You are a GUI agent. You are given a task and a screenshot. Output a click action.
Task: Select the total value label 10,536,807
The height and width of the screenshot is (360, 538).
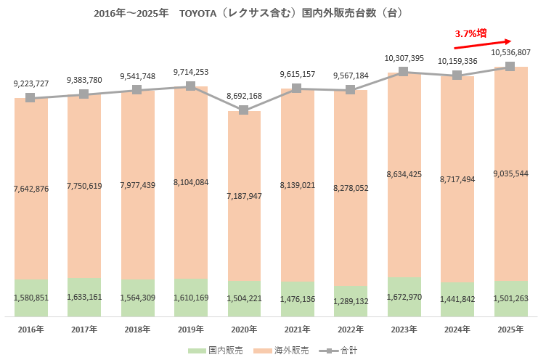[x=510, y=53]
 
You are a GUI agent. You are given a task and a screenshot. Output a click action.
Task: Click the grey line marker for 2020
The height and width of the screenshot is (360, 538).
[x=244, y=110]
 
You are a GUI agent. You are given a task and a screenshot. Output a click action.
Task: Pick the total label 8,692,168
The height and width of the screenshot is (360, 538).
[x=244, y=95]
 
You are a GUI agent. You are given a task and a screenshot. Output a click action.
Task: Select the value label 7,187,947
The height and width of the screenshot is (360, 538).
[x=244, y=196]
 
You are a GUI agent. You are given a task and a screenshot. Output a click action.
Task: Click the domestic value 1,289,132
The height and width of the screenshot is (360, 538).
[x=350, y=300]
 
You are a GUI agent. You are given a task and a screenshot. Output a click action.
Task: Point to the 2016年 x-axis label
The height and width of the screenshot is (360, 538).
[x=30, y=329]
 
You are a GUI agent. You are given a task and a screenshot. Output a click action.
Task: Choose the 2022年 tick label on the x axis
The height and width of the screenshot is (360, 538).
[x=350, y=329]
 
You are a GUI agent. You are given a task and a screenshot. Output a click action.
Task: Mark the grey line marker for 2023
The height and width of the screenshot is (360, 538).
[x=404, y=71]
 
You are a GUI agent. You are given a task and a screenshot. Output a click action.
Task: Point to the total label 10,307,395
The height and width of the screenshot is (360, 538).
[x=404, y=57]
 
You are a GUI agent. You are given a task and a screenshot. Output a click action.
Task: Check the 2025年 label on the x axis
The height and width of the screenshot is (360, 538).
[x=510, y=329]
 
